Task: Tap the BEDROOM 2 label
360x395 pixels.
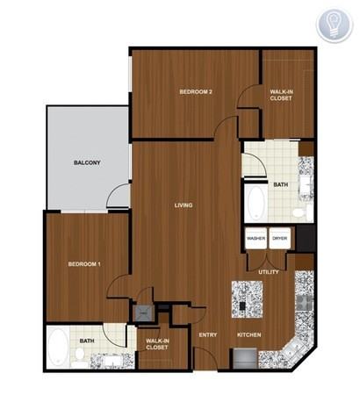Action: click(197, 91)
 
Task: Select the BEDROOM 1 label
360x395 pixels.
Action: click(85, 263)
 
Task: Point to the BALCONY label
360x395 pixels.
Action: click(87, 162)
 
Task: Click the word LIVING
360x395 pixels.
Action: click(184, 205)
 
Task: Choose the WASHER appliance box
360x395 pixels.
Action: click(256, 238)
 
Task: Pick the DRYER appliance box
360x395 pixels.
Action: click(279, 238)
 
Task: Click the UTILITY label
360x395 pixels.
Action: click(269, 272)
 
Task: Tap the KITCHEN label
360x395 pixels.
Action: click(249, 334)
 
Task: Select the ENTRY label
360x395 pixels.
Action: click(208, 334)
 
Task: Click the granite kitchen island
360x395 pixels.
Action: click(249, 299)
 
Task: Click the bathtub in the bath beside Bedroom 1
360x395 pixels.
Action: click(59, 347)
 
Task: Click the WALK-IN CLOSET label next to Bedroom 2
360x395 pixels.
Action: click(281, 95)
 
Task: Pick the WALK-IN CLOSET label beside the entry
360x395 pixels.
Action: click(157, 344)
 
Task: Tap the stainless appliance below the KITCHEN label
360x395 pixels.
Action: click(245, 359)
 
